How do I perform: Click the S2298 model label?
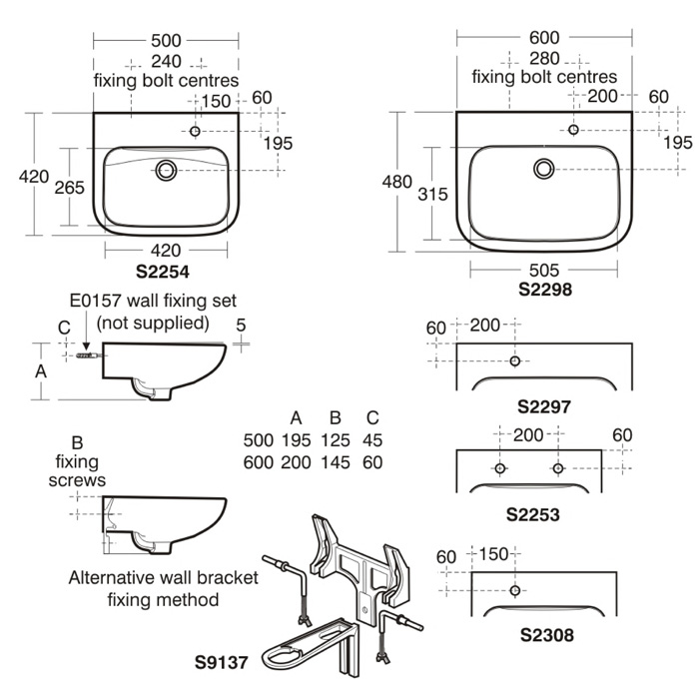[x=544, y=289]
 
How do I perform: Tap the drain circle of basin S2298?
[x=544, y=169]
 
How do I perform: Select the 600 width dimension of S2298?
[x=544, y=37]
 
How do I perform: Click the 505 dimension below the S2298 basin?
[x=544, y=270]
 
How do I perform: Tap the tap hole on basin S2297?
[x=515, y=360]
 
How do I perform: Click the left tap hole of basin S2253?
[x=500, y=468]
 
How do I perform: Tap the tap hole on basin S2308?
[x=515, y=589]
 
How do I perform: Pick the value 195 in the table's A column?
[x=296, y=440]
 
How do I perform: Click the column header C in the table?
[x=372, y=417]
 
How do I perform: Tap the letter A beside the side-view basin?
[x=41, y=369]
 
